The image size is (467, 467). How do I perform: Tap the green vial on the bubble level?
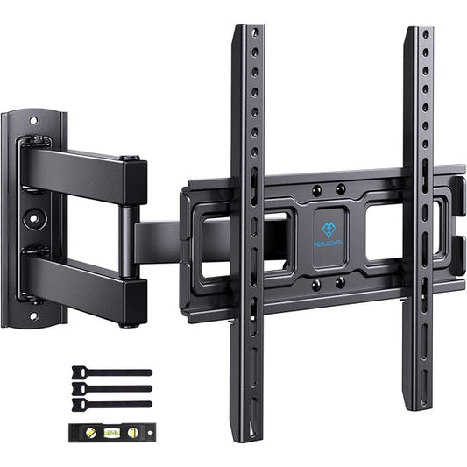[111, 431]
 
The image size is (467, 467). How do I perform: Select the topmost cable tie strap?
[111, 371]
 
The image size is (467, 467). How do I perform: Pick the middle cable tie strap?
[111, 388]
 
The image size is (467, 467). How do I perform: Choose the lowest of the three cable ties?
[111, 404]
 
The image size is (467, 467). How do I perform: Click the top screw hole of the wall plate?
[33, 121]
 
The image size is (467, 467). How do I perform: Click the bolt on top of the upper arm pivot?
[131, 159]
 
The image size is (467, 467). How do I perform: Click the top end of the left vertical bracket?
[248, 32]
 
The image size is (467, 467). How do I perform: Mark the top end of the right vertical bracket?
[418, 33]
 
